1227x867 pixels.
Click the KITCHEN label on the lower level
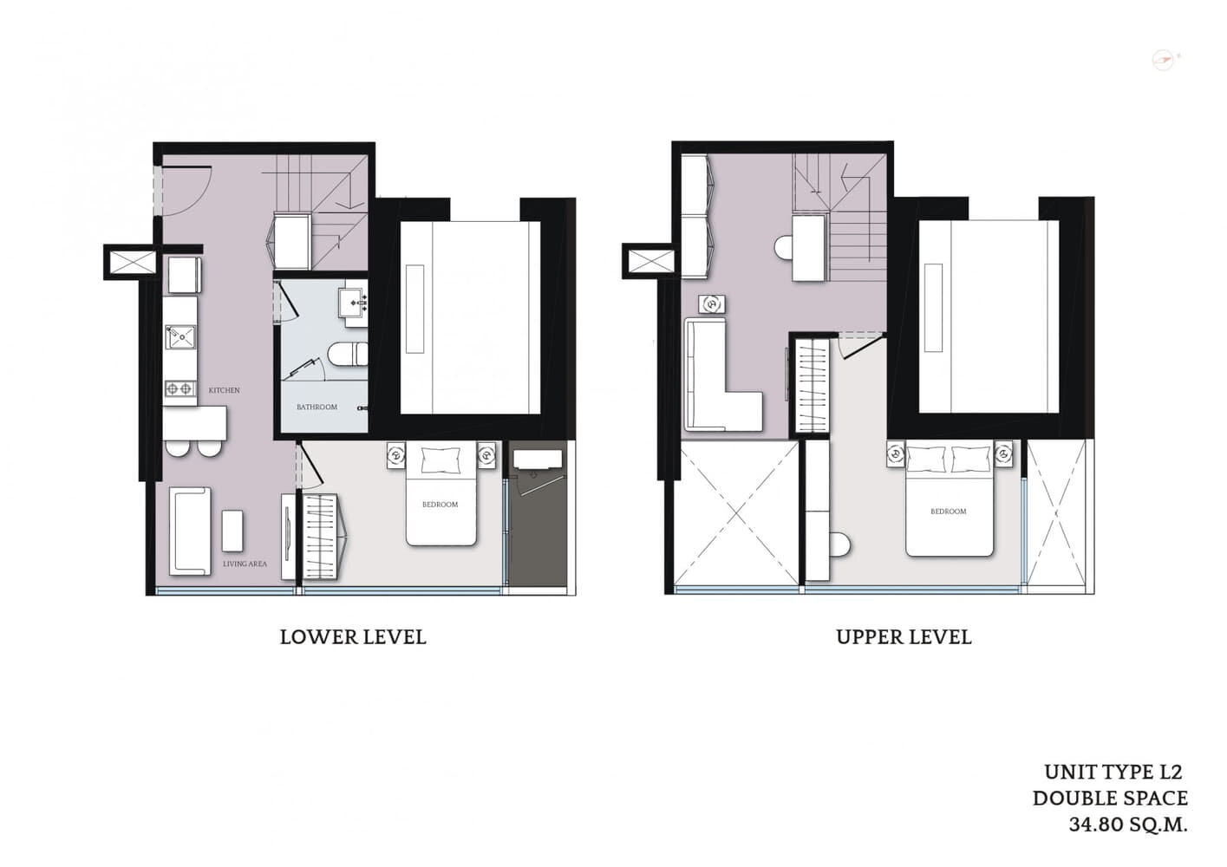pyautogui.click(x=224, y=390)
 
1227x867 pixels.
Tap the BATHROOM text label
pyautogui.click(x=317, y=407)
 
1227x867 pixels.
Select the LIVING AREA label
pyautogui.click(x=245, y=564)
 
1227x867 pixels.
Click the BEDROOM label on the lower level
pyautogui.click(x=440, y=505)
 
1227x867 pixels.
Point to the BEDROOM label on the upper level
pyautogui.click(x=948, y=512)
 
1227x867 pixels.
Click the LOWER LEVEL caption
pyautogui.click(x=353, y=637)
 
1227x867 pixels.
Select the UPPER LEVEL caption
pyautogui.click(x=904, y=637)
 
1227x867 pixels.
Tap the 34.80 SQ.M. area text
pyautogui.click(x=1128, y=825)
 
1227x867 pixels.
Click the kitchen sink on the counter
pyautogui.click(x=180, y=336)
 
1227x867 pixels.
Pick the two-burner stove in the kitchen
pyautogui.click(x=180, y=389)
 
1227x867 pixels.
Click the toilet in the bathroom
pyautogui.click(x=348, y=354)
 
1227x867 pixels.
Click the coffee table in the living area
pyautogui.click(x=232, y=531)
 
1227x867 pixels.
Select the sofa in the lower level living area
pyautogui.click(x=190, y=531)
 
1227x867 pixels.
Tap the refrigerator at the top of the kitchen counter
pyautogui.click(x=184, y=275)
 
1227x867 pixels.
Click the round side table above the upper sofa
pyautogui.click(x=712, y=304)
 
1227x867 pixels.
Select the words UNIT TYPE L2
pyautogui.click(x=1113, y=772)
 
